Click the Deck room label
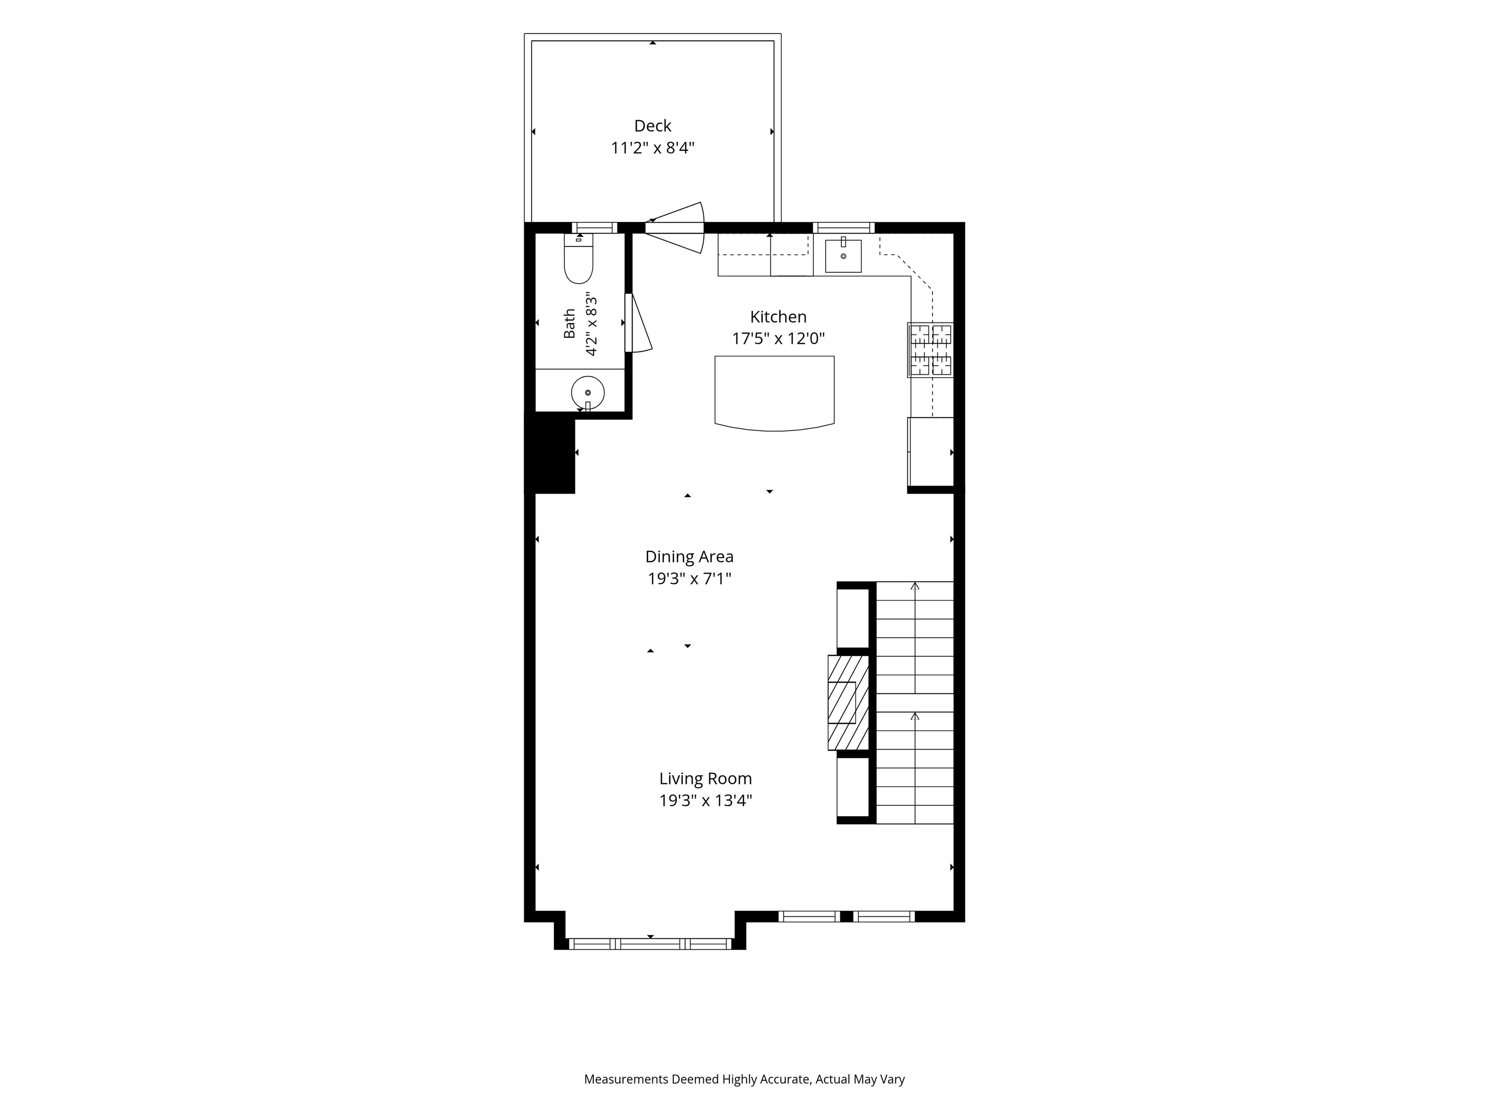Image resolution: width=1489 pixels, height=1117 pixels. (x=652, y=126)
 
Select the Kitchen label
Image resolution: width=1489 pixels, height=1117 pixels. (x=778, y=317)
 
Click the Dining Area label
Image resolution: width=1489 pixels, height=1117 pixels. (x=689, y=557)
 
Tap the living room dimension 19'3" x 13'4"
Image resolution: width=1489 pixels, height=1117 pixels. (x=705, y=800)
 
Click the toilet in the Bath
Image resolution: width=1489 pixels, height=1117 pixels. (x=578, y=259)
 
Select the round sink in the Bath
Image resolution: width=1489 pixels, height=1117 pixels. (x=587, y=392)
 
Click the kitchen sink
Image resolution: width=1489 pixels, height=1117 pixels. (x=843, y=255)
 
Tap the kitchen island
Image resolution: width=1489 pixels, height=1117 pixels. (x=775, y=393)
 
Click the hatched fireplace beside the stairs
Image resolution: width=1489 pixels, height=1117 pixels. (x=848, y=702)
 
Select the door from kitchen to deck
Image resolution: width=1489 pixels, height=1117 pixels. (x=675, y=227)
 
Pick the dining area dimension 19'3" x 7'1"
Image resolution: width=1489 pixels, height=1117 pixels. (x=689, y=578)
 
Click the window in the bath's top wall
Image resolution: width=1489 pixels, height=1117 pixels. (x=594, y=227)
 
